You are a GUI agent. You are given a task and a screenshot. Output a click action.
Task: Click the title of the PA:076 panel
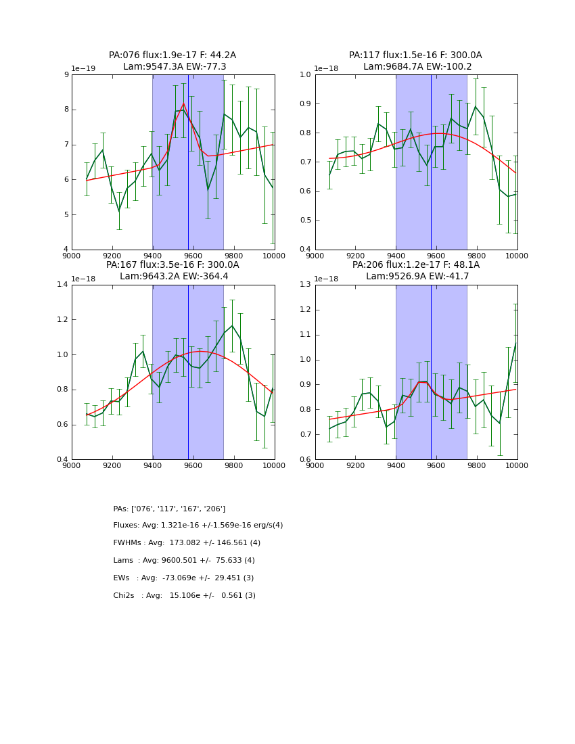point(172,61)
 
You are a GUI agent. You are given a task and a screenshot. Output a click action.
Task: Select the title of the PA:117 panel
point(415,61)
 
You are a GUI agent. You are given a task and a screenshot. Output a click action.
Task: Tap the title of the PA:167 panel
point(172,271)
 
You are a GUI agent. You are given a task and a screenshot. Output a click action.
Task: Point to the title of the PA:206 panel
point(415,271)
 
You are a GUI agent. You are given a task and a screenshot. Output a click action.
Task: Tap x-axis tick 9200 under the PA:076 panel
point(112,255)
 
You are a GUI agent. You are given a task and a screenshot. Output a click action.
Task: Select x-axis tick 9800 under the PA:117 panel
point(476,255)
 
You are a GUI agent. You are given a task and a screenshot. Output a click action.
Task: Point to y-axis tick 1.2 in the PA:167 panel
point(62,319)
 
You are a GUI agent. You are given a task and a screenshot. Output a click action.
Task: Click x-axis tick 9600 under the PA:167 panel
point(193,465)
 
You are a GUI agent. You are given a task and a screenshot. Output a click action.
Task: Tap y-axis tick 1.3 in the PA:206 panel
point(306,284)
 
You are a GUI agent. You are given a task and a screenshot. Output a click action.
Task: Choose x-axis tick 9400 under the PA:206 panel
point(396,465)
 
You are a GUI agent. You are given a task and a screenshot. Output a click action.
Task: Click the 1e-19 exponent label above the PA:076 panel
point(83,68)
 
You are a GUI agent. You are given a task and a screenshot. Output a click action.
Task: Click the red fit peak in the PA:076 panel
point(183,103)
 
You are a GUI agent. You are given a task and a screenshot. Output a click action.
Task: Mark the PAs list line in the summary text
point(169,509)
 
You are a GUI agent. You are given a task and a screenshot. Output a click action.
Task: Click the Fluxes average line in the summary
point(198,526)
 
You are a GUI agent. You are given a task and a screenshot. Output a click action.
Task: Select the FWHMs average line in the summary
point(187,543)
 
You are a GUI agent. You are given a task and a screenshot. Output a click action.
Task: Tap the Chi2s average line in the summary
point(184,596)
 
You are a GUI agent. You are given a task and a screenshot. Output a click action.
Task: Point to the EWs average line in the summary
point(183,578)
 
